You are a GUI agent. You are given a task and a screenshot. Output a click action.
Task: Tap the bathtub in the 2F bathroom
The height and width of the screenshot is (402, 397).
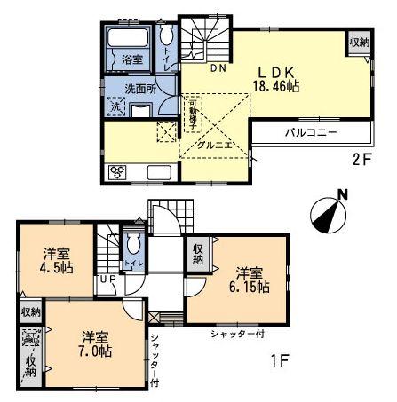click(x=130, y=41)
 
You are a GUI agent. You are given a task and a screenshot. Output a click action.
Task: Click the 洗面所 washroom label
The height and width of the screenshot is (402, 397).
click(x=140, y=89)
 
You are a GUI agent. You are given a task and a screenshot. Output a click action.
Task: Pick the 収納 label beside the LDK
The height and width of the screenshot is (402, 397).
click(x=358, y=42)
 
